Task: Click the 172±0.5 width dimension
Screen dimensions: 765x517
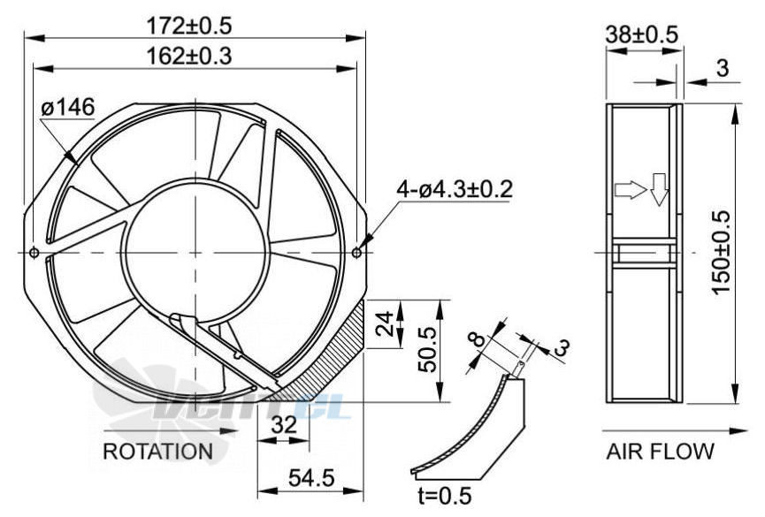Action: click(189, 26)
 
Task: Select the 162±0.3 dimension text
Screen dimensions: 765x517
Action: click(189, 56)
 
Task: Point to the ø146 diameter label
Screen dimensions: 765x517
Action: click(68, 107)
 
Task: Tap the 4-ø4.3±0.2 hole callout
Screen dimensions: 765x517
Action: click(455, 189)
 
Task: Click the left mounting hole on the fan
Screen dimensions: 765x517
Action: click(34, 253)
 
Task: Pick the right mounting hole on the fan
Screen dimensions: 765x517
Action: click(356, 253)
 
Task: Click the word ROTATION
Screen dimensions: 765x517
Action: click(158, 451)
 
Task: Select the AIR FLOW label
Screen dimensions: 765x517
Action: click(660, 451)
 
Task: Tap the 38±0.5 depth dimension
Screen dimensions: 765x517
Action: click(641, 34)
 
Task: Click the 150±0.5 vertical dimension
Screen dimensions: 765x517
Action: click(721, 252)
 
